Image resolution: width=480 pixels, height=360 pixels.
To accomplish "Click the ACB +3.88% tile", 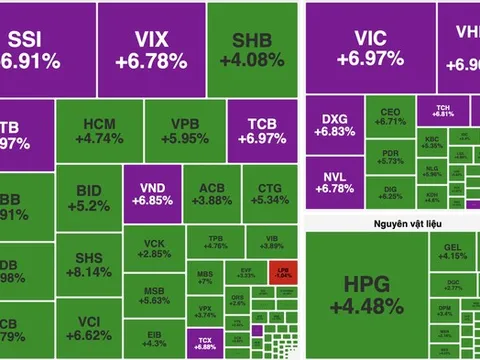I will [210, 194].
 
